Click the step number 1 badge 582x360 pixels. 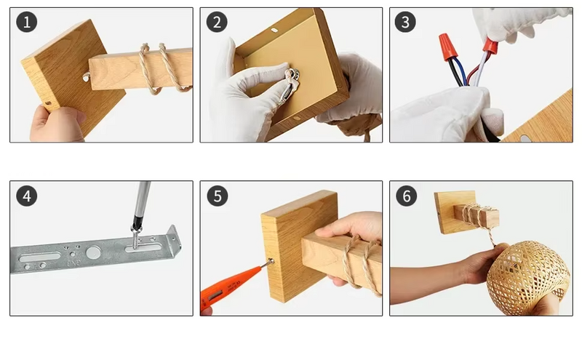[x=27, y=22]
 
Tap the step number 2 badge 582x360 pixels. [x=217, y=22]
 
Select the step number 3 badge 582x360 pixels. [x=405, y=22]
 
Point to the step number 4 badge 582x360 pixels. [x=27, y=196]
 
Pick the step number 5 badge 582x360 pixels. [x=218, y=196]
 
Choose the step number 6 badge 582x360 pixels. [x=407, y=196]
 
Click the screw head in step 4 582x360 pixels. [x=136, y=231]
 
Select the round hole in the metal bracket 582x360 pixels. [x=93, y=253]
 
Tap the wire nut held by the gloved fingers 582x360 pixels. [x=490, y=45]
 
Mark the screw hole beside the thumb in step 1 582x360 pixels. [x=48, y=103]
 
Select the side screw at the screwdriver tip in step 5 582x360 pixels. [x=271, y=261]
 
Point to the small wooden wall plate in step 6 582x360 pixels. [x=454, y=212]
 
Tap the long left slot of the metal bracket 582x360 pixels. [x=40, y=257]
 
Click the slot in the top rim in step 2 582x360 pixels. [x=274, y=30]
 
